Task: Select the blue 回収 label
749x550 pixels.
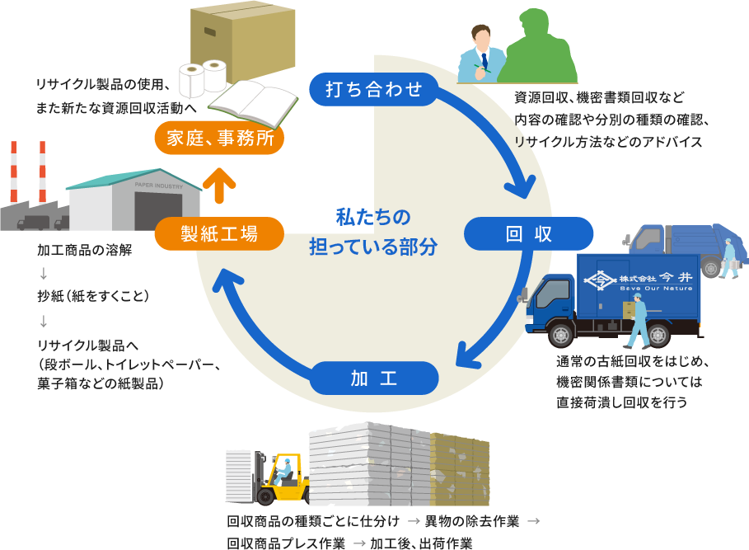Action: [x=528, y=233]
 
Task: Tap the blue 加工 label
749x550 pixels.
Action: [x=373, y=378]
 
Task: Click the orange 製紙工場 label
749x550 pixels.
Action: [x=219, y=233]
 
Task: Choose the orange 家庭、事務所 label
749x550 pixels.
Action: [x=219, y=138]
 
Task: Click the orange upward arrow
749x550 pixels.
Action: [x=219, y=185]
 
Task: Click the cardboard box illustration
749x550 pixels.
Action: [x=241, y=37]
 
